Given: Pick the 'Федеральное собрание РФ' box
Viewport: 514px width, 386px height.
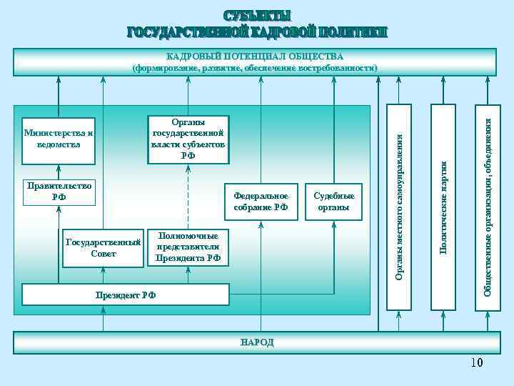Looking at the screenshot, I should [261, 202].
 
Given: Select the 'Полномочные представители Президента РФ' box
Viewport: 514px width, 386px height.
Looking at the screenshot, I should [188, 247].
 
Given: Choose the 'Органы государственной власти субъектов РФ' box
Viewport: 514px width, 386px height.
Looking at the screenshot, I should [188, 139].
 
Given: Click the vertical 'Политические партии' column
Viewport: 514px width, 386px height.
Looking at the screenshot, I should [443, 207].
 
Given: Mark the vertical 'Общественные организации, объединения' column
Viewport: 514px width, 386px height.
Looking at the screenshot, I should [488, 207].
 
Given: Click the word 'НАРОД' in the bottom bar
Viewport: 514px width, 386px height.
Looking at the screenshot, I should [258, 343].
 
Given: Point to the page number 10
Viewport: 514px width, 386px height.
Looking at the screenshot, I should [476, 363].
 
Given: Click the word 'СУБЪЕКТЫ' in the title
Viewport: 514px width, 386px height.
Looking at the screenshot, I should [257, 16].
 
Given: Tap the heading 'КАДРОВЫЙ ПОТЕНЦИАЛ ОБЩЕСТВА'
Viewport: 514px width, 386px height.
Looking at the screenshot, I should [255, 56].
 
